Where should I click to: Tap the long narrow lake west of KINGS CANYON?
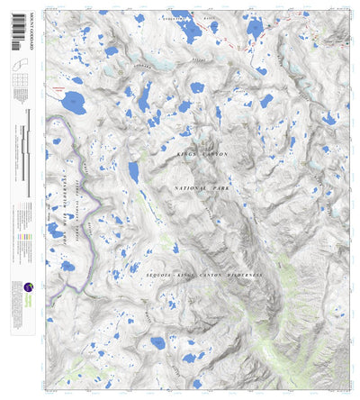click(x=134, y=171)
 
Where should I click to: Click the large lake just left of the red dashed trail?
click(x=255, y=30)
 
